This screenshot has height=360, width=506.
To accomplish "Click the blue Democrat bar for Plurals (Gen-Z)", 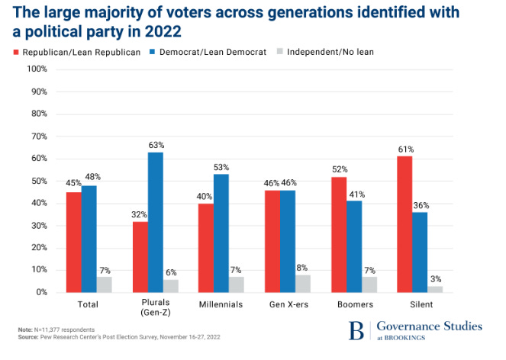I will click(156, 222).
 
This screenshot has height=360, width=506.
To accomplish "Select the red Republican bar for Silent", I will click(404, 223).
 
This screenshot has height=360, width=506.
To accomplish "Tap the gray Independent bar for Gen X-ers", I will click(304, 283).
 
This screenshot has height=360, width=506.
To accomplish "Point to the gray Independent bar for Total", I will click(105, 284).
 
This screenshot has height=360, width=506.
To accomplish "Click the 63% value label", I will click(156, 145).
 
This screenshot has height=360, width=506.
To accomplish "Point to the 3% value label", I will click(434, 279).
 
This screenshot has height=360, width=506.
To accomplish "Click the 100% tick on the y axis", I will click(37, 69).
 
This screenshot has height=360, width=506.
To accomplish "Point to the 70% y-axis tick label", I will click(39, 137).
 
